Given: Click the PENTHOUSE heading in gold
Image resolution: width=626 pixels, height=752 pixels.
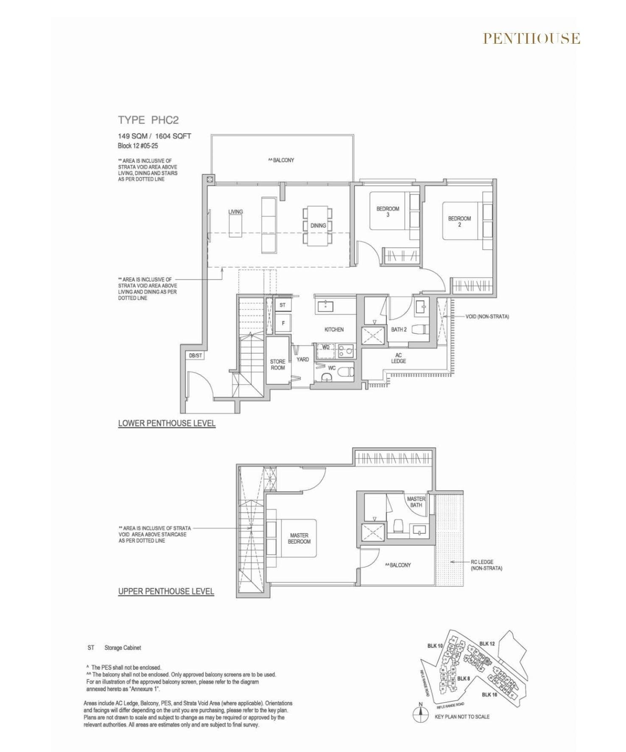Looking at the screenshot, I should pos(531,39).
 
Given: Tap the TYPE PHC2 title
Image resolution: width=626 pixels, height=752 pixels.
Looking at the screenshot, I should pos(148,120).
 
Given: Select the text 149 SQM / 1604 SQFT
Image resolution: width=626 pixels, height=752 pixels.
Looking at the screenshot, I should pos(154,136).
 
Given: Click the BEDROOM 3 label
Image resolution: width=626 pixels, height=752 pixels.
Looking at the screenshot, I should pos(388,212).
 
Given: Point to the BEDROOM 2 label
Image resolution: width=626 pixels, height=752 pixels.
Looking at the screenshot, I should pos(459,222).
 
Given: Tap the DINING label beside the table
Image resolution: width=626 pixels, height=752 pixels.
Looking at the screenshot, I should pos(318,226).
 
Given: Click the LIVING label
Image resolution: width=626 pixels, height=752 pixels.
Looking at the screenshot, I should pos(235,212).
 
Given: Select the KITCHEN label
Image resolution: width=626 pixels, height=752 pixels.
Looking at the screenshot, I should pos(334,330).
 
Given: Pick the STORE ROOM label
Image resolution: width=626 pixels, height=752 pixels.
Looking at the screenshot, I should pos(278,365).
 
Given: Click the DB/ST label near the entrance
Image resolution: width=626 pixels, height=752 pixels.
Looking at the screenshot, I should pos(196,356).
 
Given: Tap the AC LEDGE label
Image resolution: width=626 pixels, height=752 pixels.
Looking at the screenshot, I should pos(398,358).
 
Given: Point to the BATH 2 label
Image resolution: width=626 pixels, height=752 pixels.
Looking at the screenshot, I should pos(399,330).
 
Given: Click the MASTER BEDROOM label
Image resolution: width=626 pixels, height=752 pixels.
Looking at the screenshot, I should pos(299,539).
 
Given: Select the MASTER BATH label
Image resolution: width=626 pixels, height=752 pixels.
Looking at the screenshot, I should pos(416,502).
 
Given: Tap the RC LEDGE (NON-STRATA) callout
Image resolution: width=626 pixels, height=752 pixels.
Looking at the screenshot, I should pos(486,565).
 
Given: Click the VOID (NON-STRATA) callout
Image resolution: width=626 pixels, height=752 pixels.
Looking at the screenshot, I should pos(487,317).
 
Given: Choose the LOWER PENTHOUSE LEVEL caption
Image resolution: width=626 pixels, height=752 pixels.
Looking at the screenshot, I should pos(167,423).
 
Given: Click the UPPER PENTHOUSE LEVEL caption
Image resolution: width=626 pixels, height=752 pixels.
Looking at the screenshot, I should pos(166,591).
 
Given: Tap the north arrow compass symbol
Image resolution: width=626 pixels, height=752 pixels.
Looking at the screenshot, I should pos(420,715).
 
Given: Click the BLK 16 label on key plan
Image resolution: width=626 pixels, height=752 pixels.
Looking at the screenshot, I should pos(489,695).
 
